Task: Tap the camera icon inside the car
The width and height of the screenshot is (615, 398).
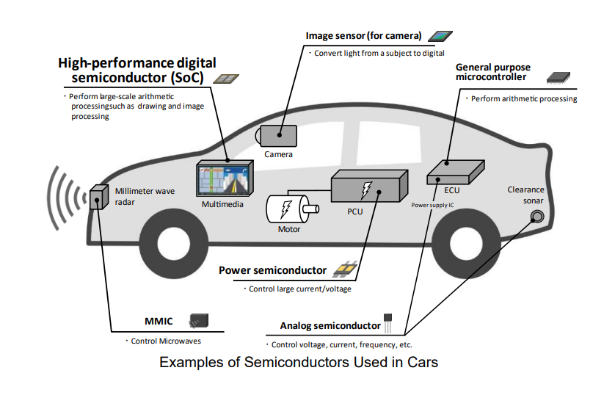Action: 277,136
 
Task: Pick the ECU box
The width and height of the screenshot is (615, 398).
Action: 455,173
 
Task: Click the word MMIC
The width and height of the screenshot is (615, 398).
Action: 158,322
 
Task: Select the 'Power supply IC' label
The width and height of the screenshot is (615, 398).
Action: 432,206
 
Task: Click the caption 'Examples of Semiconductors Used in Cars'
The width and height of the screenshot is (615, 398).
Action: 299,363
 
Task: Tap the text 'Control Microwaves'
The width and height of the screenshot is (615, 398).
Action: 166,341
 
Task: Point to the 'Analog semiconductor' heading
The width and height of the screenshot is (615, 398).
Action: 330,325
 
